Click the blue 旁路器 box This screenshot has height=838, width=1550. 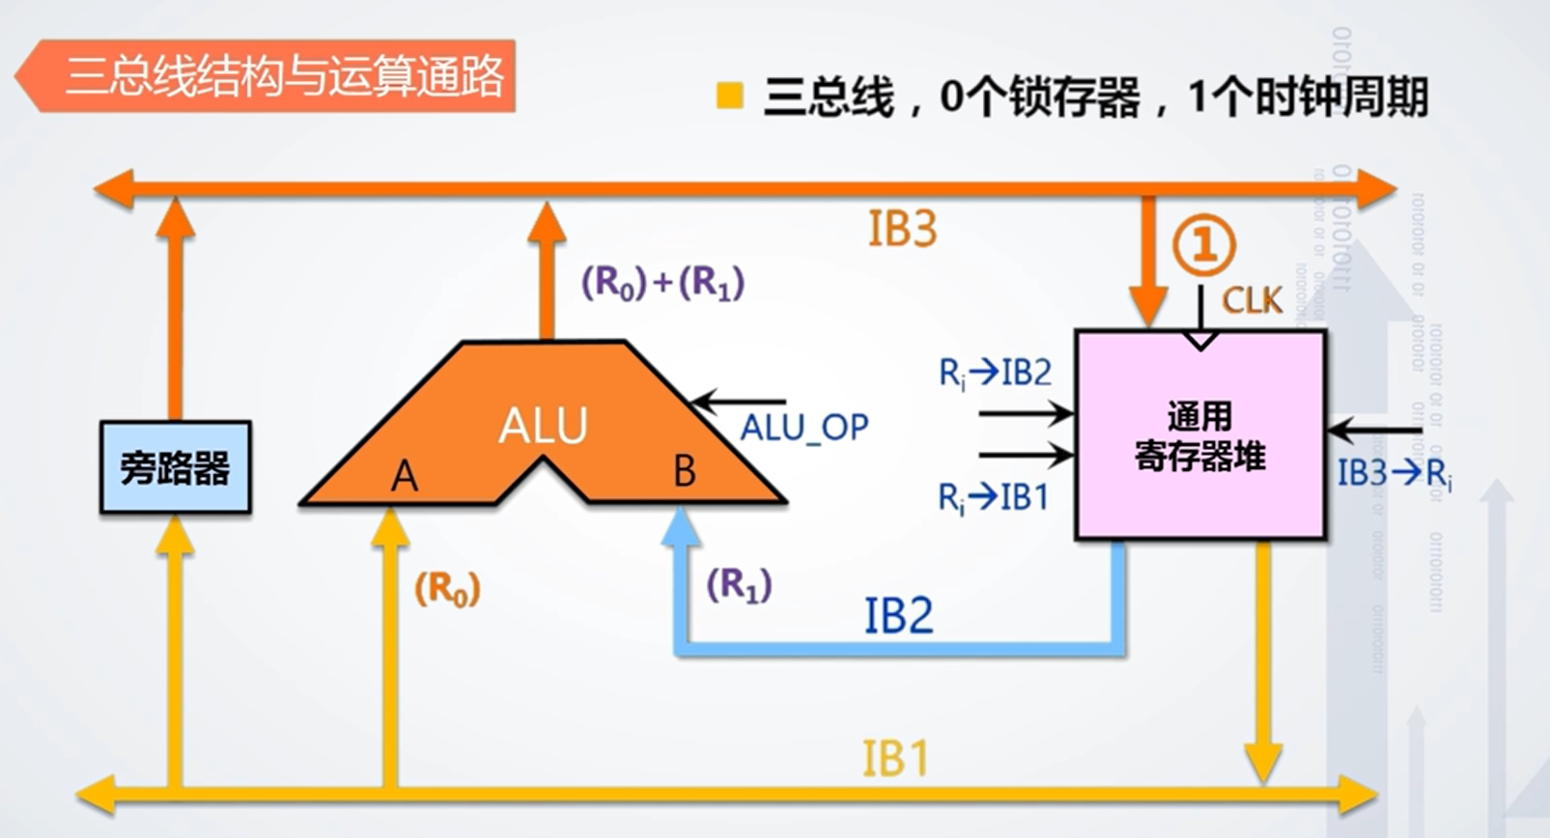pyautogui.click(x=175, y=467)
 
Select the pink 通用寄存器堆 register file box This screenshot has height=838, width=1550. pyautogui.click(x=1200, y=435)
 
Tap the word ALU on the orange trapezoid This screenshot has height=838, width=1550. pyautogui.click(x=543, y=426)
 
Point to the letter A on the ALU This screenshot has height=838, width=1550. pyautogui.click(x=405, y=476)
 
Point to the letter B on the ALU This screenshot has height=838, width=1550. pyautogui.click(x=684, y=471)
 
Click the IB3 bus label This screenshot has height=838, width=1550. pyautogui.click(x=902, y=230)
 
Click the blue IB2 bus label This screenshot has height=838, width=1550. pyautogui.click(x=898, y=616)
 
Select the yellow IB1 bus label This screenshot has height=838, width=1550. pyautogui.click(x=895, y=759)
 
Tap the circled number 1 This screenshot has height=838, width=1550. pyautogui.click(x=1203, y=246)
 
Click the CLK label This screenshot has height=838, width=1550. pyautogui.click(x=1253, y=301)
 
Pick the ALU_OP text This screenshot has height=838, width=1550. pyautogui.click(x=804, y=427)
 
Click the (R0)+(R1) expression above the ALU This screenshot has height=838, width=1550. pyautogui.click(x=662, y=283)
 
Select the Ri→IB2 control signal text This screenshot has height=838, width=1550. pyautogui.click(x=995, y=373)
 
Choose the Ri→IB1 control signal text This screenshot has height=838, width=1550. pyautogui.click(x=993, y=498)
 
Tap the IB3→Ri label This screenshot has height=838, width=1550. pyautogui.click(x=1394, y=474)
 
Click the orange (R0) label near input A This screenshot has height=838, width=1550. pyautogui.click(x=447, y=588)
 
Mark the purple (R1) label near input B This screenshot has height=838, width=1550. pyautogui.click(x=739, y=585)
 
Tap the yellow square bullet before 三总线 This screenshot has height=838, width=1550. pyautogui.click(x=730, y=96)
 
